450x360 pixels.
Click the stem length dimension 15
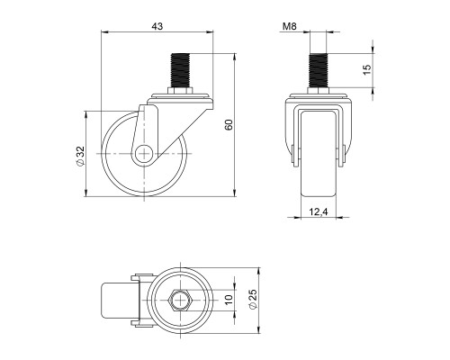pyautogui.click(x=366, y=72)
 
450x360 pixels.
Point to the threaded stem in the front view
pyautogui.click(x=319, y=72)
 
